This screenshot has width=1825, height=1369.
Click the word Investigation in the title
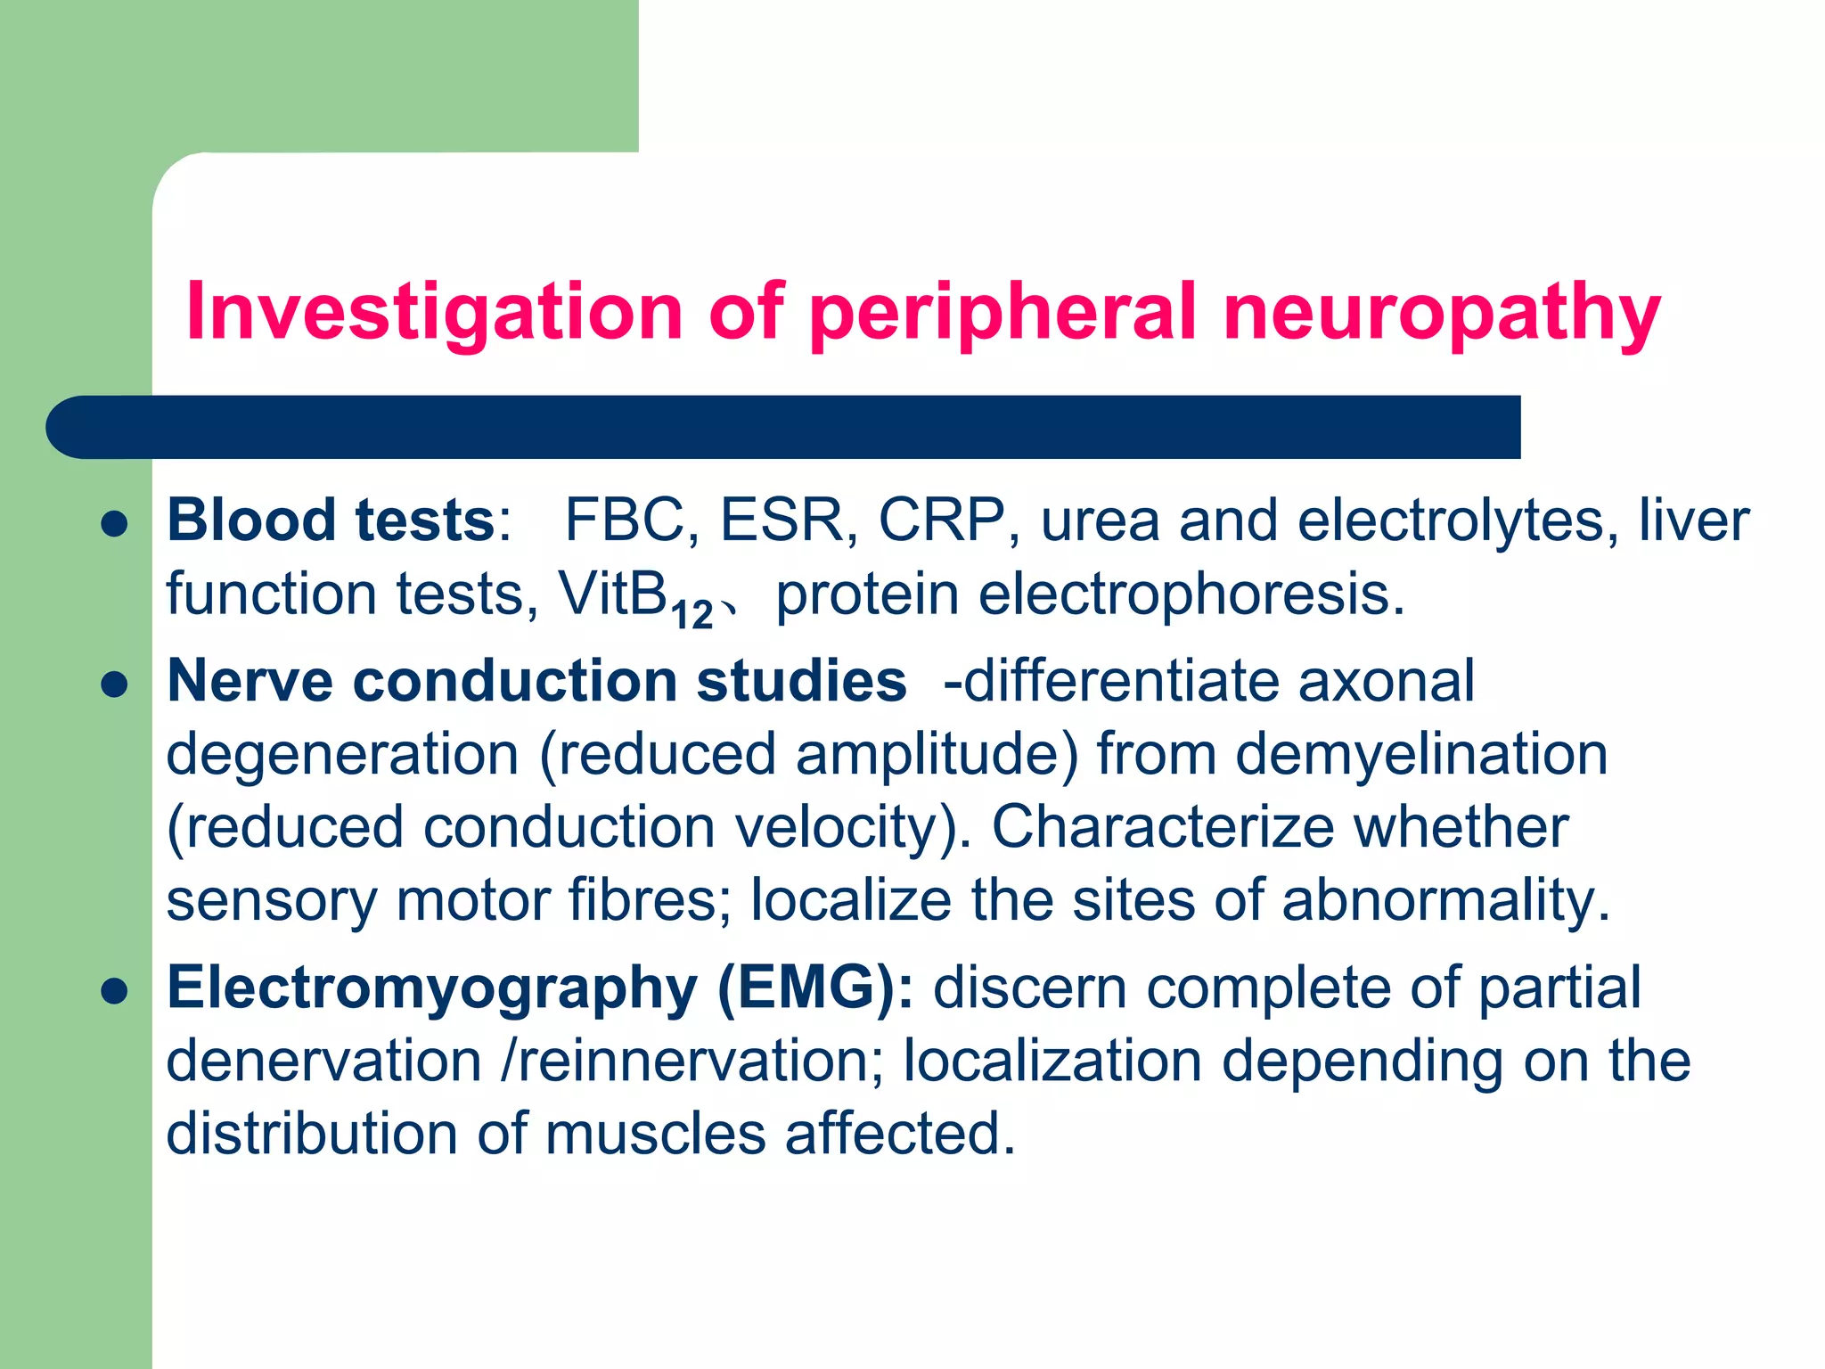(434, 312)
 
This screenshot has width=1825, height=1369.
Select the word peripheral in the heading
(1003, 312)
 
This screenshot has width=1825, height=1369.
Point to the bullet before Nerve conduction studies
(115, 684)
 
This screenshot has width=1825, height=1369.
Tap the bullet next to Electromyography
(115, 990)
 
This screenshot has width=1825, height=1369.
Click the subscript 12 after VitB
(692, 615)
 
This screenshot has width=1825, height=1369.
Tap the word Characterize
(1163, 828)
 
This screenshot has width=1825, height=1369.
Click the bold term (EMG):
(815, 988)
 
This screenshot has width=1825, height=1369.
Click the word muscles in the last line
(655, 1135)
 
